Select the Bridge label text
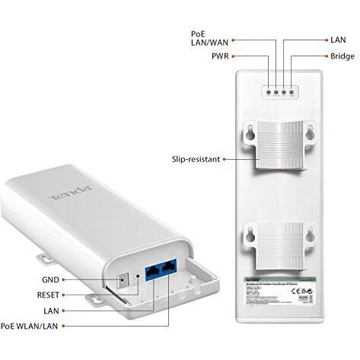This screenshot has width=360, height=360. point(342,56)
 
